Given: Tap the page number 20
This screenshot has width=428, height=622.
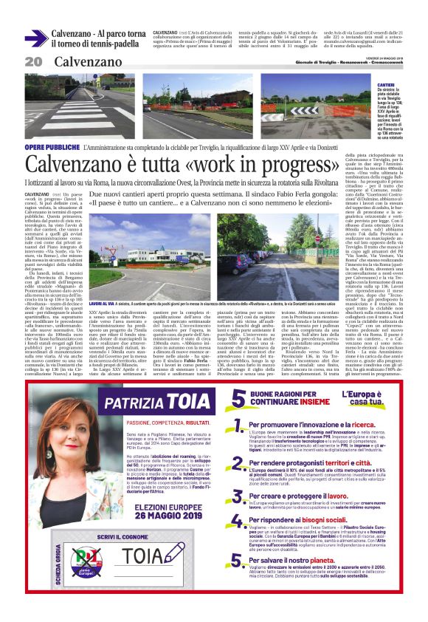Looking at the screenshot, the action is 33,62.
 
